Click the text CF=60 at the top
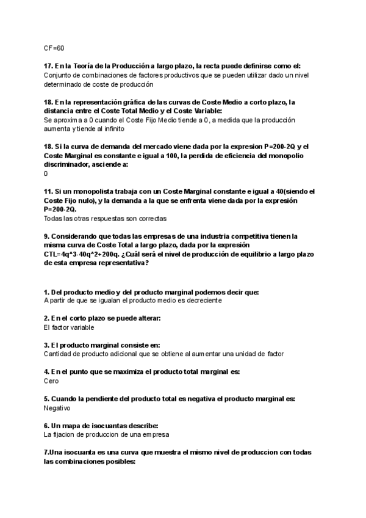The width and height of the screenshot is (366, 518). [x=54, y=48]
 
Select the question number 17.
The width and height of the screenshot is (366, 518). [x=48, y=66]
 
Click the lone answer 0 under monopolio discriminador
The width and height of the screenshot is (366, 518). [x=46, y=173]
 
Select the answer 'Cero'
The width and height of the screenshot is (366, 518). [x=51, y=381]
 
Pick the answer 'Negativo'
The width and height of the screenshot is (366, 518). [x=57, y=407]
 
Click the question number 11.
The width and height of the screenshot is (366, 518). [x=48, y=191]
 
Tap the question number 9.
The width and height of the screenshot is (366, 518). [x=46, y=236]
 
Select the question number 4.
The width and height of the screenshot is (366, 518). [x=46, y=371]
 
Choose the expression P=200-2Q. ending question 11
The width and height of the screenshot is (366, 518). [x=60, y=209]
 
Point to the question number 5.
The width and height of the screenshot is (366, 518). [x=46, y=398]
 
